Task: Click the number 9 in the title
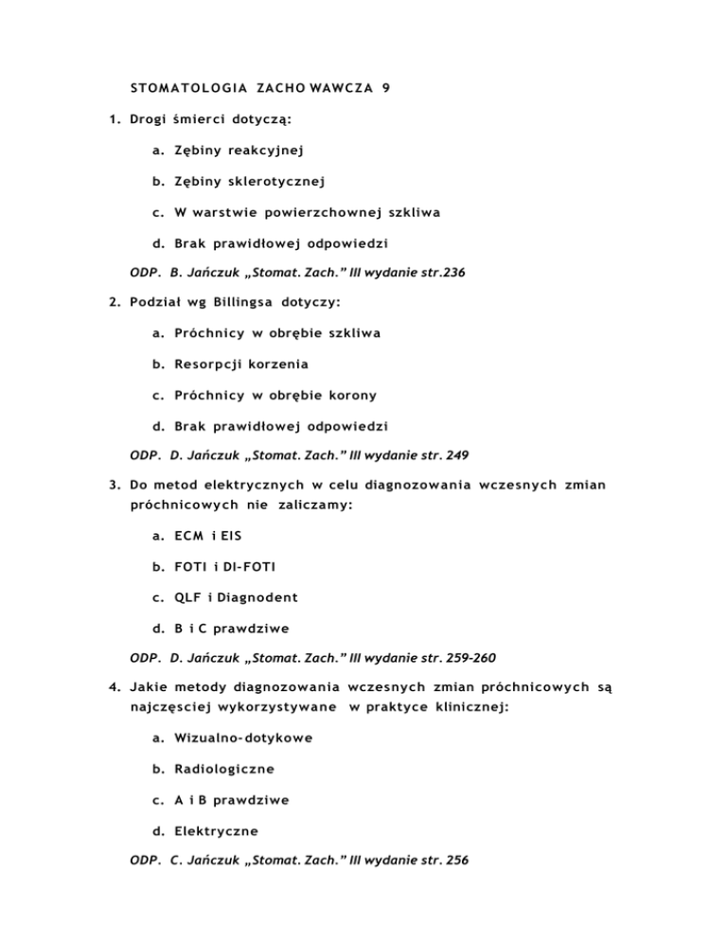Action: (386, 88)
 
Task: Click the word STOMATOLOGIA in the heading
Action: (184, 88)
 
